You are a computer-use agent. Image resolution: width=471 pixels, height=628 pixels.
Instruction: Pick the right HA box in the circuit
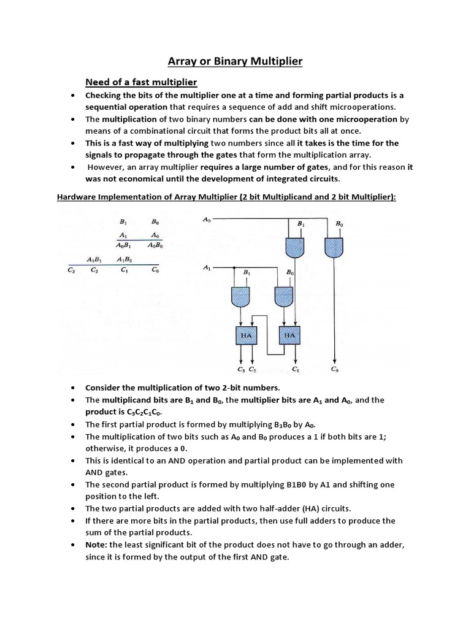pos(290,335)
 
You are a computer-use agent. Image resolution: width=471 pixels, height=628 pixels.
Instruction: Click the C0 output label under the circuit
pos(334,369)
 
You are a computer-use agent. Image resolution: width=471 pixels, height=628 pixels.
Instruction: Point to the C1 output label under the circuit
pos(296,369)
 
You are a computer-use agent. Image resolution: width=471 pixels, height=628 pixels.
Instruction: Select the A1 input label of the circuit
pos(207,267)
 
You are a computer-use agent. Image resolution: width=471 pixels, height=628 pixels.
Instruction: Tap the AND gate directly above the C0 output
pos(334,247)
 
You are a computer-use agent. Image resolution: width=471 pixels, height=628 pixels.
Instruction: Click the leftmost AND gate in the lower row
pos(240,297)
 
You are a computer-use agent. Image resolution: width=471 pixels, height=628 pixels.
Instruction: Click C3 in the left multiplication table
pos(71,269)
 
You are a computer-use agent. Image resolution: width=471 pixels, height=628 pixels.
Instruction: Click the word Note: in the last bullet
pos(97,545)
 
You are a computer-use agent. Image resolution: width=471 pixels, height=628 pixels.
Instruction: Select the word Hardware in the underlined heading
pos(78,197)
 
